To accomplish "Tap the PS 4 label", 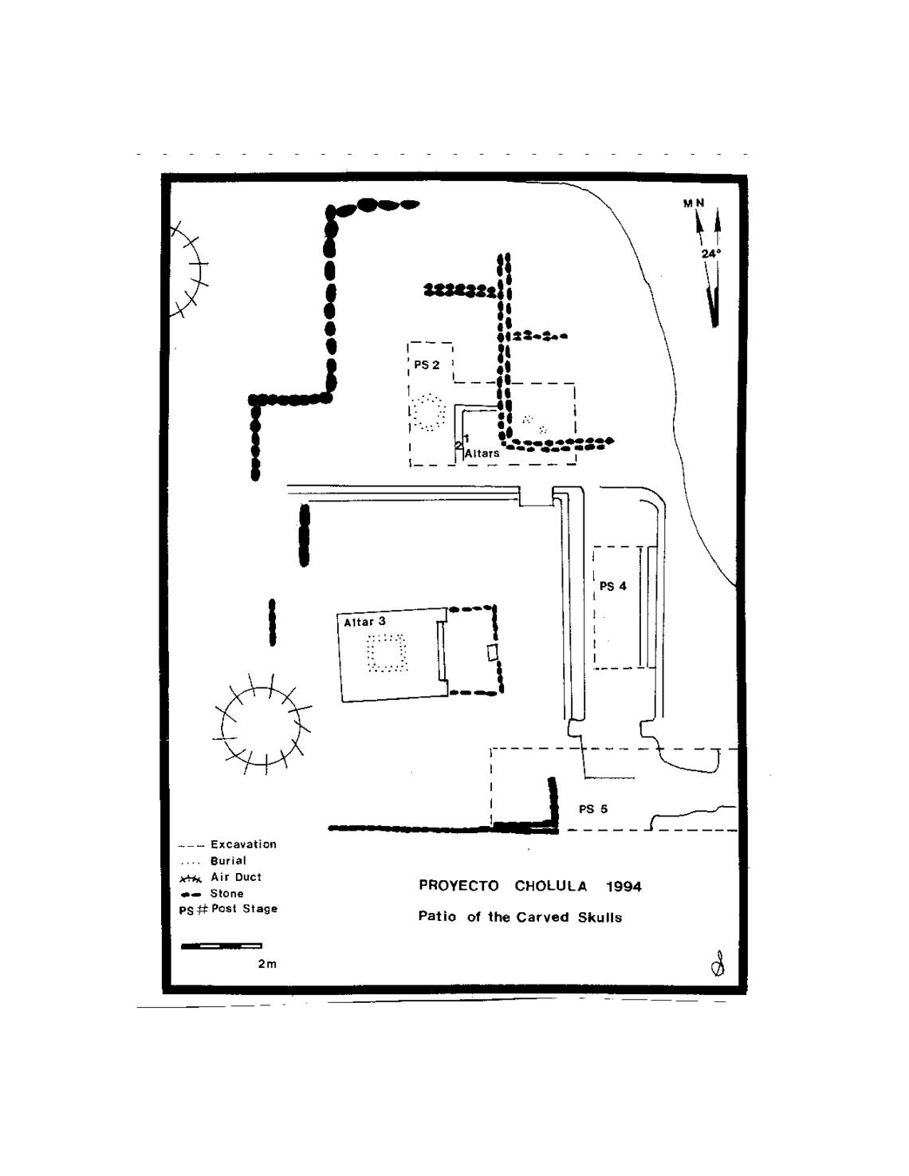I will (x=612, y=586).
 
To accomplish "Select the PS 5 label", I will (x=592, y=808).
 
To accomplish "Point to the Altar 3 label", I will (x=364, y=621).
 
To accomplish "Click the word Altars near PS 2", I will (x=482, y=453).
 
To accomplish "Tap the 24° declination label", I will (x=710, y=254).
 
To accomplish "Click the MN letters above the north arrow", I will (x=693, y=203).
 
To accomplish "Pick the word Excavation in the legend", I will (x=243, y=844).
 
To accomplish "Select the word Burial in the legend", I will (x=228, y=860).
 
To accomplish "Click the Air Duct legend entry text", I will (x=235, y=877).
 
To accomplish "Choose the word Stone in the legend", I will (x=226, y=894).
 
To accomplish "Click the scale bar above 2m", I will (x=221, y=946).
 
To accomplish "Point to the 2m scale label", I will (x=267, y=964).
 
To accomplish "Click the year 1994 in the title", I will (x=624, y=887).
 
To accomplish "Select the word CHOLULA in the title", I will (x=550, y=886).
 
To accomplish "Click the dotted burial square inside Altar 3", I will (x=387, y=654).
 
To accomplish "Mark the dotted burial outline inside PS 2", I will (x=428, y=411).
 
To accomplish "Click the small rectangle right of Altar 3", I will (x=494, y=652).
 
